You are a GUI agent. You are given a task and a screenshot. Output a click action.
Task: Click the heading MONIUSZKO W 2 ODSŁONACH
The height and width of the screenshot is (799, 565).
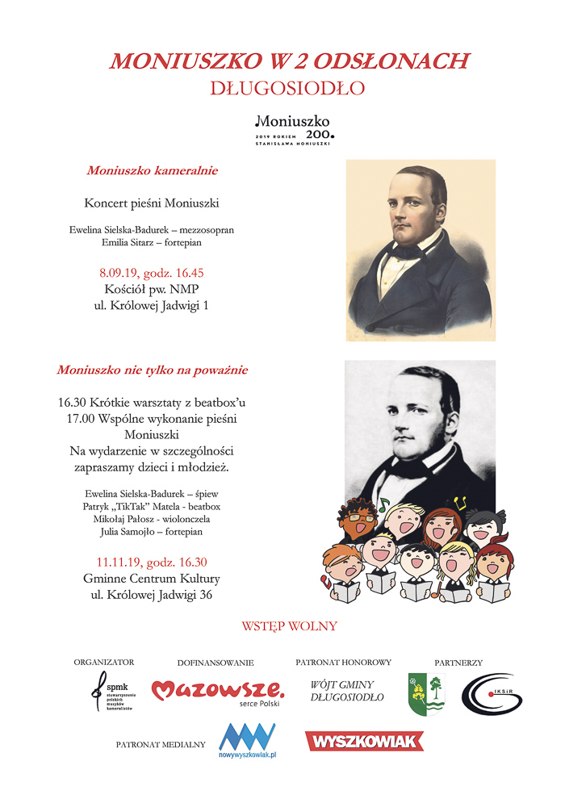coord(289,61)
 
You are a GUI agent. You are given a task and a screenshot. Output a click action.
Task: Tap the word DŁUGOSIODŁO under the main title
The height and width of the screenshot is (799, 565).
coord(288,86)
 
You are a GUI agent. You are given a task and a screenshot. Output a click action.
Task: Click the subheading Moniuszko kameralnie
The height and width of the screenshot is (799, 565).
coord(152,171)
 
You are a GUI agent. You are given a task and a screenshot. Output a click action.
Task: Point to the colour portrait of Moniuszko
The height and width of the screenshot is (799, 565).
coord(420,249)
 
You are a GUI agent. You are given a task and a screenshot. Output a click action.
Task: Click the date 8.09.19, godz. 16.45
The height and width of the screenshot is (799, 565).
coord(152,273)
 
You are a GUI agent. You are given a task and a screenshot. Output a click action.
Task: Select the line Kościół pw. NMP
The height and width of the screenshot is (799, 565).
coord(152,289)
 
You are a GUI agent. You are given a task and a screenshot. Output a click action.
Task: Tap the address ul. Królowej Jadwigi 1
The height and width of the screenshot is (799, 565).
coord(152,306)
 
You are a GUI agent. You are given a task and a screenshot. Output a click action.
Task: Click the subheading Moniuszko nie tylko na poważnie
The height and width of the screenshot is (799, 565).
coord(152,370)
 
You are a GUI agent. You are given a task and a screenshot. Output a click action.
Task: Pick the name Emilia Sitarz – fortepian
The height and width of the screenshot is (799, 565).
coord(152,242)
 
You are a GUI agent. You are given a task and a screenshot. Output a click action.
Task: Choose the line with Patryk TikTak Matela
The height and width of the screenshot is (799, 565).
coord(152,506)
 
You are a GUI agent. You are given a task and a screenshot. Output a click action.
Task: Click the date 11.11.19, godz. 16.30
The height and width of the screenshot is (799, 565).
coord(152,563)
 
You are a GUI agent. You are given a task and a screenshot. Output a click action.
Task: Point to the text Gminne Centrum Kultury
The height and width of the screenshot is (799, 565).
coord(152,579)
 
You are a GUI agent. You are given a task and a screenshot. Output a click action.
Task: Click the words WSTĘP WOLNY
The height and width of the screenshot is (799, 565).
coord(289,626)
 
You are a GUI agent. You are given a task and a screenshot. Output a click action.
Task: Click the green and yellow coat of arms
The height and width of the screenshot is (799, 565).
coord(425,694)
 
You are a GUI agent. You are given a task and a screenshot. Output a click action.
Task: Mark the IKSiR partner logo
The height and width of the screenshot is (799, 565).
coord(492,694)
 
